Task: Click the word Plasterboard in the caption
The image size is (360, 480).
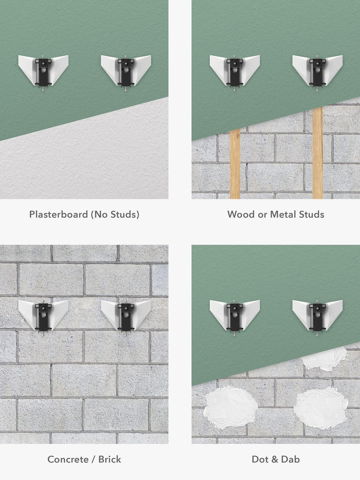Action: pos(58,214)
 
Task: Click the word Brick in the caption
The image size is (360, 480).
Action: pos(110,459)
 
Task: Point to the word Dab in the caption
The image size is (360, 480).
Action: pos(290,459)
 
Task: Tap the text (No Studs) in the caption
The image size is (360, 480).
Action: pos(115,214)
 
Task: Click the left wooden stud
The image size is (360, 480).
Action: pos(235,164)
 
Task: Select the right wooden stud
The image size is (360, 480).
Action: pos(318,153)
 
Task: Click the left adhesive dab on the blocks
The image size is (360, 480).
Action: pos(230,408)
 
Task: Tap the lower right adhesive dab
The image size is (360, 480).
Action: pos(321,408)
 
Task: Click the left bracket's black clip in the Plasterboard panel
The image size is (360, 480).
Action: pos(43,72)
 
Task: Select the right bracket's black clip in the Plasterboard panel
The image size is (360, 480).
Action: pos(126,72)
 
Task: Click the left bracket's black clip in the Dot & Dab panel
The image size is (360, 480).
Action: pos(235,317)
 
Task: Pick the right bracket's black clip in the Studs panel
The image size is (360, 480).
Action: pos(317,72)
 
